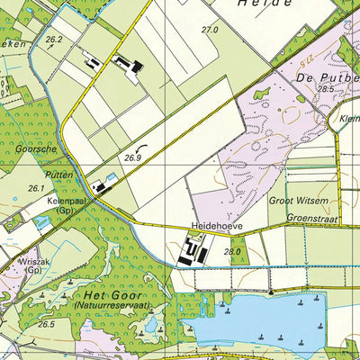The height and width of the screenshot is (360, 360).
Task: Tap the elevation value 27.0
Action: pyautogui.click(x=210, y=30)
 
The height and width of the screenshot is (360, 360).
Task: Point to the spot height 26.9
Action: pyautogui.click(x=134, y=157)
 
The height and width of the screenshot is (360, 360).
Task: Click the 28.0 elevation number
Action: pyautogui.click(x=232, y=252)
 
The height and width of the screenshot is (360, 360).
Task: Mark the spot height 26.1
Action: pyautogui.click(x=36, y=188)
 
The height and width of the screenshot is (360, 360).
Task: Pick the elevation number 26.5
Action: pyautogui.click(x=46, y=324)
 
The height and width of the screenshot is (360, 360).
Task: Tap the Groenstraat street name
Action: pyautogui.click(x=312, y=217)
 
